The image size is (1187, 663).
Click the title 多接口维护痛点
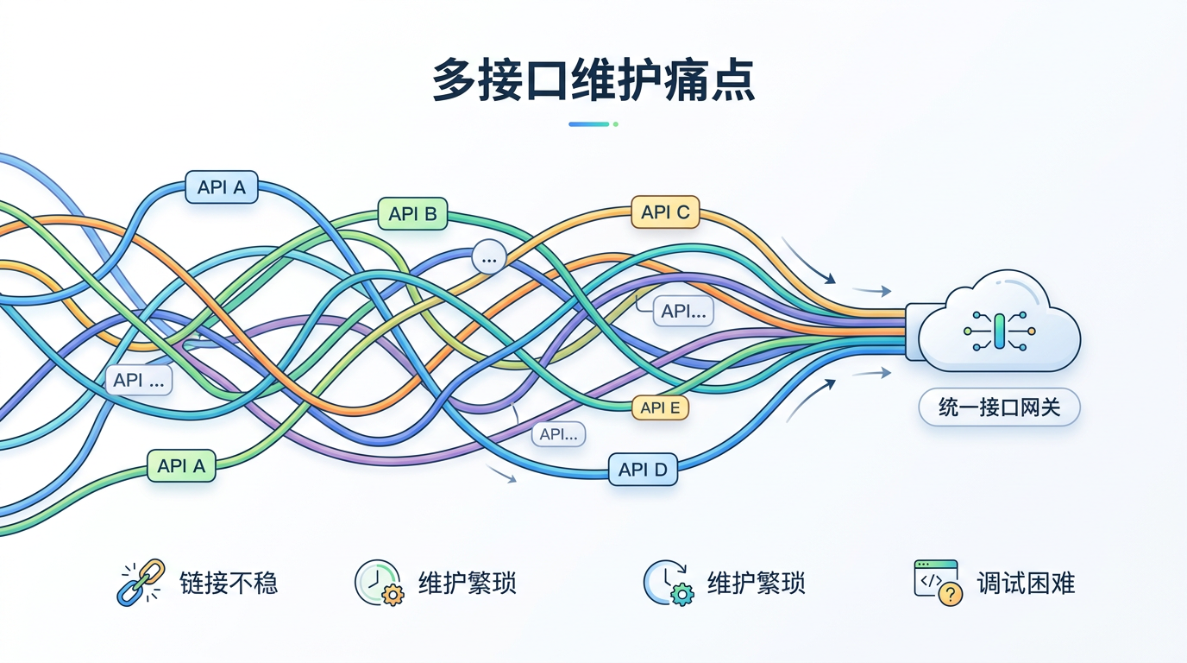[x=593, y=81]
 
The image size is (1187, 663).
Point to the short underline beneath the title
[x=593, y=124]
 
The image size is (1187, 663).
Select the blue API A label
[x=222, y=186]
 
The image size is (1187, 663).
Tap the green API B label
[x=413, y=213]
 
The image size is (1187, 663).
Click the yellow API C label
[x=665, y=212]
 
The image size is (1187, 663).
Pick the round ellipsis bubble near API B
[x=489, y=257]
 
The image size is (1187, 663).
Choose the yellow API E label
[x=661, y=407]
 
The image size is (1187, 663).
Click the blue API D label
[x=643, y=470]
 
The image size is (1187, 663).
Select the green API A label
[x=181, y=466]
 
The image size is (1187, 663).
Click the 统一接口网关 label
[x=999, y=407]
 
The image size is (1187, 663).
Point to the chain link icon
[x=140, y=583]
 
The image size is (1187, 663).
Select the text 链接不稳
[x=229, y=584]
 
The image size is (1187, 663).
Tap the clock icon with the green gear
[x=667, y=583]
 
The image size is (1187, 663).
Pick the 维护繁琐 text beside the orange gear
[x=468, y=584]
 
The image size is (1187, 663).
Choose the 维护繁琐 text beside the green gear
[x=757, y=584]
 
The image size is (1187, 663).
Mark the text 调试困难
[x=1026, y=584]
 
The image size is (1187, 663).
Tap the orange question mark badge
[x=950, y=594]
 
